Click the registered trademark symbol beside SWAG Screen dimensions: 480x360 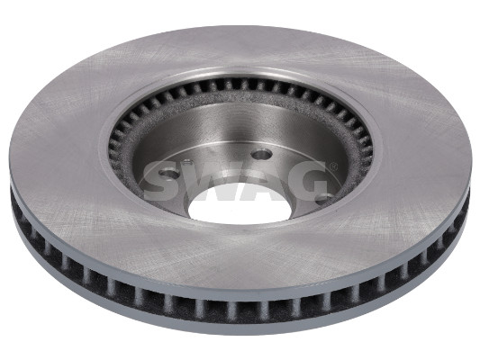pyautogui.click(x=334, y=166)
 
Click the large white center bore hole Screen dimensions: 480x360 pyautogui.click(x=240, y=204)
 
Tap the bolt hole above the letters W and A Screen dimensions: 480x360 pyautogui.click(x=262, y=154)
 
